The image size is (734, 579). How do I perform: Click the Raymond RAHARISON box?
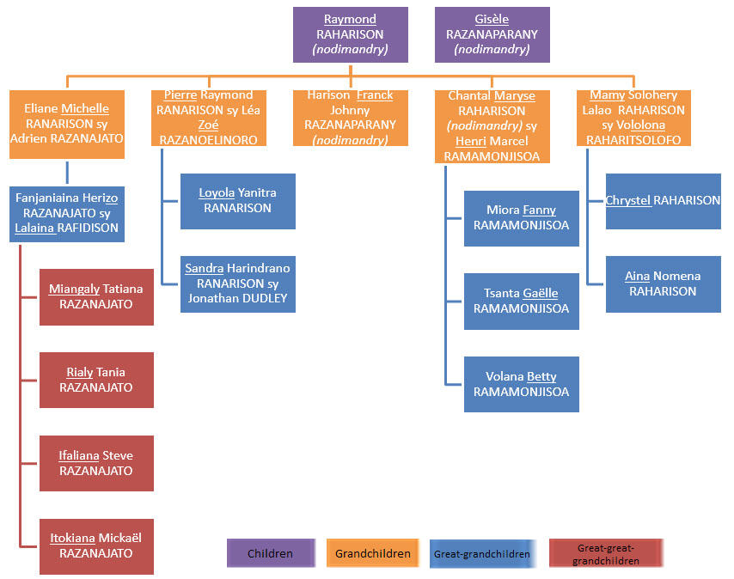tap(350, 34)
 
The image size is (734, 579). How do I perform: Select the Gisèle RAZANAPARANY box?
tap(492, 34)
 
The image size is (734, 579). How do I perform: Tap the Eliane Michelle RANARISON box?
tap(67, 124)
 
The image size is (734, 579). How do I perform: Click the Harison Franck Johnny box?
tap(350, 117)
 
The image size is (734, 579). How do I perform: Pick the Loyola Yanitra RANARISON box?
tap(237, 201)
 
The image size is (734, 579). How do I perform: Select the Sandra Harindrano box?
tap(237, 283)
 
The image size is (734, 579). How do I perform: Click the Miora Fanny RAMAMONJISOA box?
tap(521, 217)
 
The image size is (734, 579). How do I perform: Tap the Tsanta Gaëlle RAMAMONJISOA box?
tap(521, 301)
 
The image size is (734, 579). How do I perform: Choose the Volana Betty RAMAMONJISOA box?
tap(521, 384)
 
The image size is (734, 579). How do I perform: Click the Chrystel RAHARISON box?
tap(663, 201)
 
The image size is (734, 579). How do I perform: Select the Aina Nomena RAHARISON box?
tap(663, 283)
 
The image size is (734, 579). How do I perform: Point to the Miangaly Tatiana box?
tap(96, 296)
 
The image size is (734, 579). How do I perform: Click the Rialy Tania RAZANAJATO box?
tap(96, 380)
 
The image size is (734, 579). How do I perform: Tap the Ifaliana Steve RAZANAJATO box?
tap(96, 463)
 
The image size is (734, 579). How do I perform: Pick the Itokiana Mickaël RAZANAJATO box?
tap(96, 546)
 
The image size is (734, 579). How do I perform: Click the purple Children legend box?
tap(270, 553)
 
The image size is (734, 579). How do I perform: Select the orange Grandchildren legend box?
tap(372, 553)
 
